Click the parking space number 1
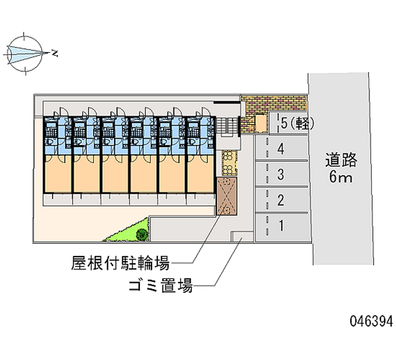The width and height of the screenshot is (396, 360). click(x=281, y=225)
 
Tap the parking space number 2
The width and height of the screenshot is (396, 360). click(x=281, y=200)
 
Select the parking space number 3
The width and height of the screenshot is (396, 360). click(x=281, y=175)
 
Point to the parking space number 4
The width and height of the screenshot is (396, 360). click(x=281, y=149)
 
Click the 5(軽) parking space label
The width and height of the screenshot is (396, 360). click(x=297, y=123)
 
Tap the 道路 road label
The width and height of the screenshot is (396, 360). click(x=341, y=160)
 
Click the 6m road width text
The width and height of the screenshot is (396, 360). click(x=341, y=177)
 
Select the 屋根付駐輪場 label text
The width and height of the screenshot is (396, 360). click(x=120, y=263)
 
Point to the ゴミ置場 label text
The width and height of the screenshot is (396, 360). click(x=160, y=285)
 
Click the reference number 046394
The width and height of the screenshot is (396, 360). click(x=371, y=321)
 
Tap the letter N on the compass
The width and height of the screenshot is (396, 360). click(x=54, y=53)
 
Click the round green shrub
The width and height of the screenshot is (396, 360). click(x=142, y=234)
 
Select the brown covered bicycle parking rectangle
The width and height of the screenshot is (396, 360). click(x=227, y=196)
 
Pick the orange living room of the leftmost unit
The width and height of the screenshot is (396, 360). click(x=58, y=173)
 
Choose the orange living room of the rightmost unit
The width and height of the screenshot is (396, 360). click(x=200, y=173)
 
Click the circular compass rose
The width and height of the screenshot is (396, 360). click(x=25, y=53)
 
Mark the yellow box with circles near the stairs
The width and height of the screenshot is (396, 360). click(x=229, y=163)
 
